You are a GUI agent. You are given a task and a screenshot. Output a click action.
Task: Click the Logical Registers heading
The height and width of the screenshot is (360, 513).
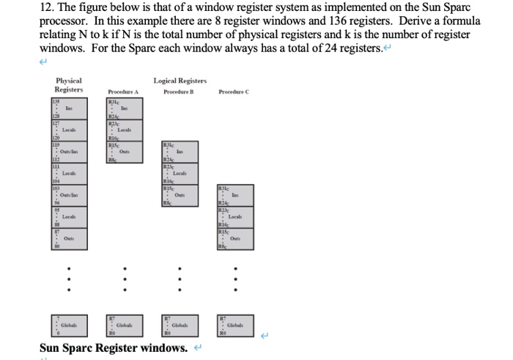[180, 81]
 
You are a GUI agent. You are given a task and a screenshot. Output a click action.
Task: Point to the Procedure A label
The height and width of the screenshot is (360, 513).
[123, 92]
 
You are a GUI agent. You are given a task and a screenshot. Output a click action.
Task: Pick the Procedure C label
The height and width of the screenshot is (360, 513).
[234, 92]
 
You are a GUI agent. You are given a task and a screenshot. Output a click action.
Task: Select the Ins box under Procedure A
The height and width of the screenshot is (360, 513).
[123, 109]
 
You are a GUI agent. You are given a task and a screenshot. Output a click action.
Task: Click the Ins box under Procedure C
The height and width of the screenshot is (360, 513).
[235, 196]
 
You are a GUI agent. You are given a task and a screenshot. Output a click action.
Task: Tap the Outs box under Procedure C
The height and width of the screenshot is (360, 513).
[235, 239]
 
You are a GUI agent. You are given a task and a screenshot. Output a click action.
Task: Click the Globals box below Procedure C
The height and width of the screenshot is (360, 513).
[235, 323]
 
